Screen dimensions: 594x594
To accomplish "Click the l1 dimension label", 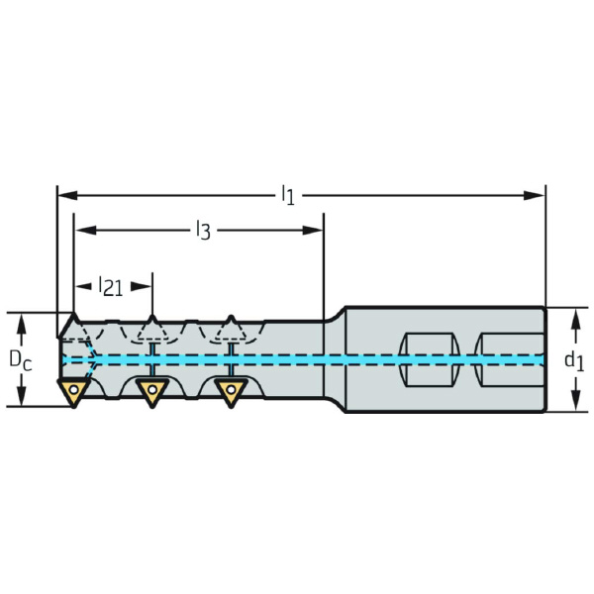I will pos(287,194).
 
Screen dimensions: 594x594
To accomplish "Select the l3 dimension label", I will pos(202,232).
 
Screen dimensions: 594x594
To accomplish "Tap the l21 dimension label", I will pos(111,287).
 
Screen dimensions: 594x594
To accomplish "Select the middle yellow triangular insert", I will pos(151,392).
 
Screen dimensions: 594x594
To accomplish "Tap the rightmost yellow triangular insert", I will pos(229,392).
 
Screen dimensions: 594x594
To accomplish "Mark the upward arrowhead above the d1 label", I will pos(574,316).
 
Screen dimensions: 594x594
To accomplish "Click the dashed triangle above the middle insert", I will pos(151,328).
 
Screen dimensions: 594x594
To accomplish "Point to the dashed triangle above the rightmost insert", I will pos(230,328).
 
